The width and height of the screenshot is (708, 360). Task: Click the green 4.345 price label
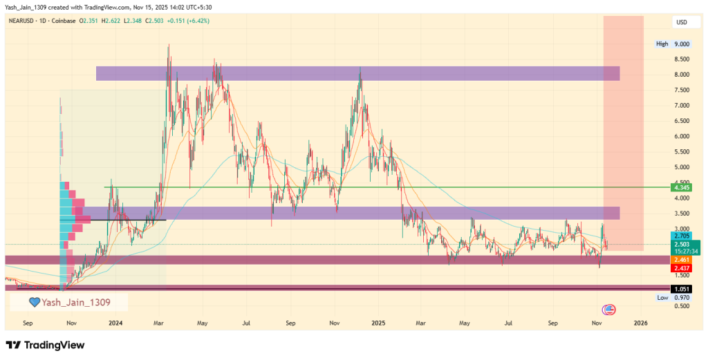coord(682,187)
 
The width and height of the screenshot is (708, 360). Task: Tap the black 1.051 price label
coord(682,287)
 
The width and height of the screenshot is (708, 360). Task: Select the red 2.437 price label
coord(682,267)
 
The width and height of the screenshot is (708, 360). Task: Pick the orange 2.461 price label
coord(682,259)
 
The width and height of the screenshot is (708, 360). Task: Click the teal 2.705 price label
coord(682,236)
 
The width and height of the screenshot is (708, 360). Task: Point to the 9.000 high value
coord(682,44)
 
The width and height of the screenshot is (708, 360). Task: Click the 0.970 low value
coord(682,297)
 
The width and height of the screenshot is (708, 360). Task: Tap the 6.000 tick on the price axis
coord(682,136)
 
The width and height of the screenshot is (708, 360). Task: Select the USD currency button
coord(681,23)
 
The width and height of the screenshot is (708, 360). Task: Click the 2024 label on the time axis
coord(115,323)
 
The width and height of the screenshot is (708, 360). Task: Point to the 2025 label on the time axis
coord(378,323)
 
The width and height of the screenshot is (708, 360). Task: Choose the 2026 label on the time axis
coord(640,323)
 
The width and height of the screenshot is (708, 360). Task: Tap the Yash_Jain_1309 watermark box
coord(68,302)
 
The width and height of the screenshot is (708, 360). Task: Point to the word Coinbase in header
coord(64,21)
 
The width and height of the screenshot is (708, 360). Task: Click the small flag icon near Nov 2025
coord(609,310)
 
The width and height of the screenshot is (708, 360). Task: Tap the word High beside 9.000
coord(662,44)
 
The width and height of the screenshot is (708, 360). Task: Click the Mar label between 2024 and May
coord(159,323)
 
